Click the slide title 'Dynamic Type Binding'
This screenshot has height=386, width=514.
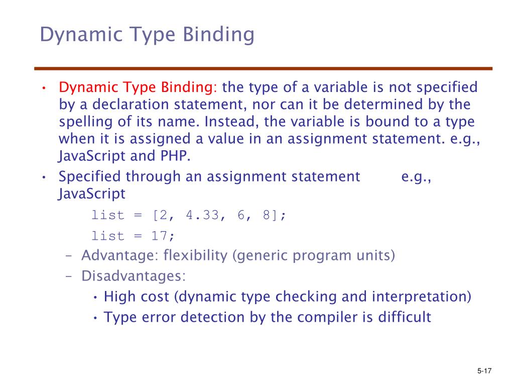(147, 35)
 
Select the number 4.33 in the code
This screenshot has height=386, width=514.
(202, 215)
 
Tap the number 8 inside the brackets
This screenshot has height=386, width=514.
(264, 215)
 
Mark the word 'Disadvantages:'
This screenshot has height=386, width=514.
(134, 276)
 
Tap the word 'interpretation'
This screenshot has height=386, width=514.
(421, 297)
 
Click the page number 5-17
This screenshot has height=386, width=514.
(484, 371)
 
